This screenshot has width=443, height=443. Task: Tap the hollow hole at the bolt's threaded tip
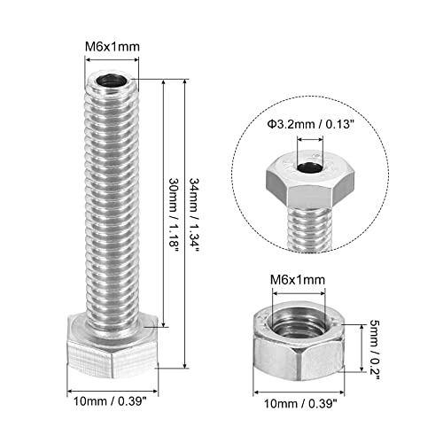point(112,84)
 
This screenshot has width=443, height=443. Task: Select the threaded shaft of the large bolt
point(112,195)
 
